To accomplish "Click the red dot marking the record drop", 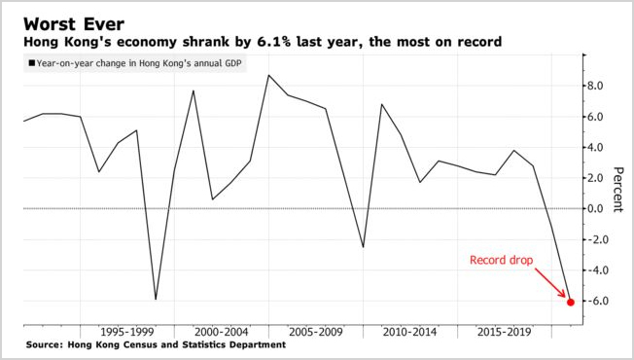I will [570, 302].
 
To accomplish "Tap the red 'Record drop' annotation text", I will [501, 261].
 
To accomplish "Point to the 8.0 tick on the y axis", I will [598, 86].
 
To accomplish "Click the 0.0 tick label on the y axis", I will [598, 208].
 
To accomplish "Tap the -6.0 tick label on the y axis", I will [596, 301].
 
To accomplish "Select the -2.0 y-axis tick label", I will [596, 239].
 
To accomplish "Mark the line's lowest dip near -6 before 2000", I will [155, 299].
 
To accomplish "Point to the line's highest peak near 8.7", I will [268, 75].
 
